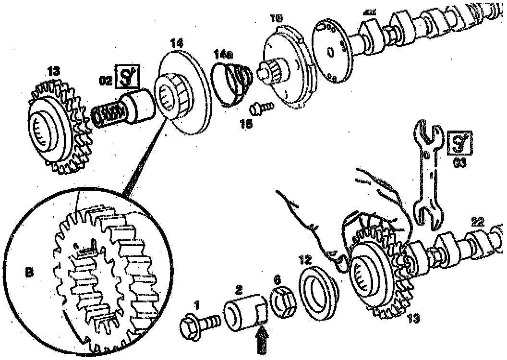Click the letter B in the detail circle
pyautogui.click(x=29, y=272)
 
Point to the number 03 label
pyautogui.click(x=459, y=164)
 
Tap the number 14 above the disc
pyautogui.click(x=176, y=44)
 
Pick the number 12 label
pyautogui.click(x=304, y=259)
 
